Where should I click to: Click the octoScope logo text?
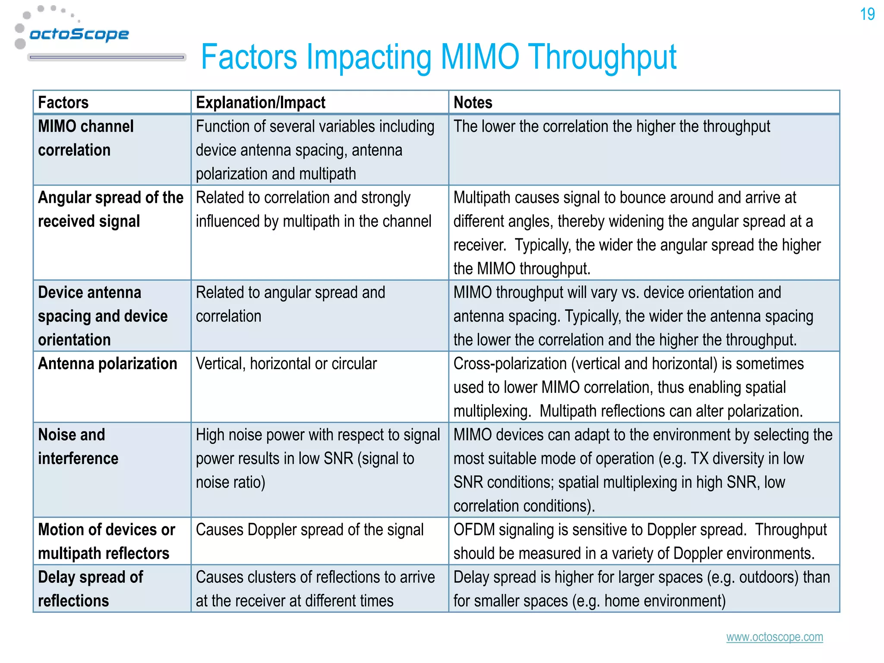click(79, 34)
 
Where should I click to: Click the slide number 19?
click(867, 14)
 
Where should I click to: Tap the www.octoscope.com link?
click(774, 637)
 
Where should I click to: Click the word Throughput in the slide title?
click(603, 57)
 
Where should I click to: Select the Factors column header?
click(63, 103)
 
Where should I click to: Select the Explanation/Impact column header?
click(260, 103)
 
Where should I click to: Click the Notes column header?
click(473, 103)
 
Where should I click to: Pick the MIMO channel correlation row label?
click(85, 138)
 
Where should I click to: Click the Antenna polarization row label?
click(107, 363)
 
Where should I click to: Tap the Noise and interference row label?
click(78, 446)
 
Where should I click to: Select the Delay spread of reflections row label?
click(90, 589)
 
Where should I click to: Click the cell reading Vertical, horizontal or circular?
click(286, 363)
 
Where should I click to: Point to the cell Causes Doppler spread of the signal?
click(309, 530)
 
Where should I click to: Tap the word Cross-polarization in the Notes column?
click(510, 363)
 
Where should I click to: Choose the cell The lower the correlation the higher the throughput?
click(612, 126)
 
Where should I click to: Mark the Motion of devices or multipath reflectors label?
click(106, 541)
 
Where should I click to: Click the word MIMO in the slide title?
click(480, 57)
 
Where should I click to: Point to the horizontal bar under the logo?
click(107, 57)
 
